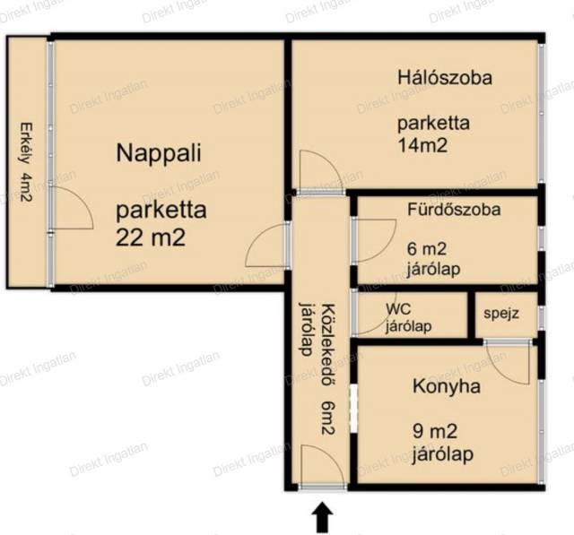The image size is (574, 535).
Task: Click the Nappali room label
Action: click(x=159, y=154)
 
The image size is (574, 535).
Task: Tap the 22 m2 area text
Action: click(x=151, y=237)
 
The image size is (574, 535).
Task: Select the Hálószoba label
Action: click(x=445, y=78)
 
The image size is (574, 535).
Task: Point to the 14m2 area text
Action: click(x=422, y=145)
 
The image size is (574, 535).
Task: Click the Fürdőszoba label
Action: click(x=454, y=210)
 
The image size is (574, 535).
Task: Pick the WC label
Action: click(x=398, y=309)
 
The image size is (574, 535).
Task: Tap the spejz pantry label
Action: click(x=501, y=314)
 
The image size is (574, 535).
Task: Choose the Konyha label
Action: click(x=447, y=386)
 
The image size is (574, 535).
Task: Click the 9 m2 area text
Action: click(x=435, y=432)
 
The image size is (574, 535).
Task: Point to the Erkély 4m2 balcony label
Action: click(x=26, y=162)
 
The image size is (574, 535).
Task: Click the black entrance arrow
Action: click(x=322, y=517)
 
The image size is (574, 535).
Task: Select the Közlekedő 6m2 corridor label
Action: click(x=328, y=368)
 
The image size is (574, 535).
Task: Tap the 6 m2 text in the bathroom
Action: click(x=427, y=249)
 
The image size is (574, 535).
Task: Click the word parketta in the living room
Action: click(x=161, y=211)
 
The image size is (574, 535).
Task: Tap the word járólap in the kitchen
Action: click(x=443, y=454)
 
